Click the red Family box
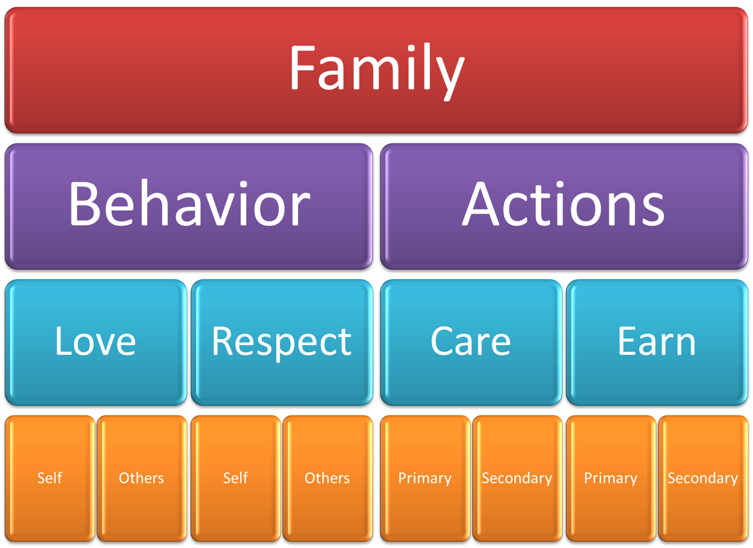tap(376, 70)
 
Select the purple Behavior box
tap(189, 206)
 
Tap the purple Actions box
tap(564, 206)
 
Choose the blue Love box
tap(95, 342)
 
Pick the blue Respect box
tap(282, 342)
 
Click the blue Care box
tap(471, 342)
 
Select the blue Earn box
tap(657, 342)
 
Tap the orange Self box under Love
tap(50, 478)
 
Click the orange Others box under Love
tap(142, 478)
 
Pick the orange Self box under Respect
tap(236, 478)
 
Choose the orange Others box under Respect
tap(328, 478)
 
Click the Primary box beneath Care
tap(424, 478)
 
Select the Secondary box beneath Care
tap(517, 478)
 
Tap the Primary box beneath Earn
tap(610, 478)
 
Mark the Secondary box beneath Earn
tap(703, 478)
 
